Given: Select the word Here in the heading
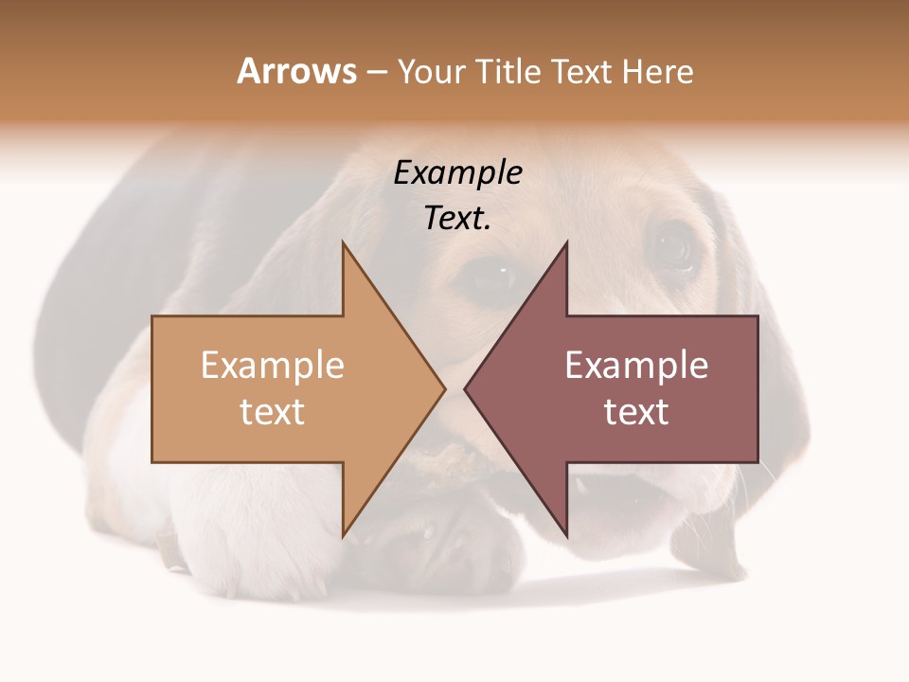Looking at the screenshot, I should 657,72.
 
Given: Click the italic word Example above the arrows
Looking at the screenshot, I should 457,173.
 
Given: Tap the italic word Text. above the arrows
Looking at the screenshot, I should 457,219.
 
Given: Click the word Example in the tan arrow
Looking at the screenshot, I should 273,366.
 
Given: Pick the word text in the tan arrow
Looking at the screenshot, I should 273,412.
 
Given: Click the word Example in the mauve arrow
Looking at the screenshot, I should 636,366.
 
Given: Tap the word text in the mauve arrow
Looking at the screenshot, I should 636,412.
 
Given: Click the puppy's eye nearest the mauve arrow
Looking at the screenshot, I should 674,248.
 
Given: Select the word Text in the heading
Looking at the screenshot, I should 581,72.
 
